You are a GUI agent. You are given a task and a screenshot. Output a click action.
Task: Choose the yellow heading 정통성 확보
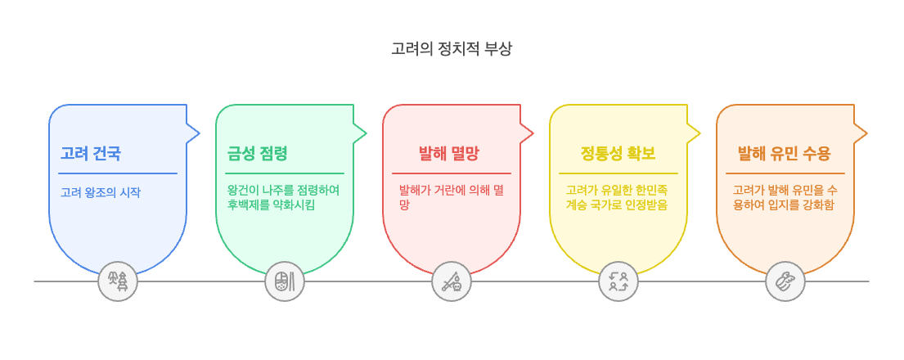618,153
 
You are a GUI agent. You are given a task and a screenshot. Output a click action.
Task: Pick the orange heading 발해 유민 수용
785,153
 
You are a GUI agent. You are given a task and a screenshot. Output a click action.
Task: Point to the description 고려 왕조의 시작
101,193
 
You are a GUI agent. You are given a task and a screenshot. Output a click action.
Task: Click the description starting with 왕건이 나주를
284,197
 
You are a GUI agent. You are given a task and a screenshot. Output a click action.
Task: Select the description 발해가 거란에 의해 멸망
451,197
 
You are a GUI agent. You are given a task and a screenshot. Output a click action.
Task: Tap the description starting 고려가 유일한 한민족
618,197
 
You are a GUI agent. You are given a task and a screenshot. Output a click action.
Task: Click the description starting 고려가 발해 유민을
785,197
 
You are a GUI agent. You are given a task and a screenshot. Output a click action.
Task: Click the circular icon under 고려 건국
118,281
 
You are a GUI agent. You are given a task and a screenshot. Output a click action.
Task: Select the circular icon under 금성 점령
285,281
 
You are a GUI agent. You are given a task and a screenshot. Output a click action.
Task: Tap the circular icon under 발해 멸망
452,281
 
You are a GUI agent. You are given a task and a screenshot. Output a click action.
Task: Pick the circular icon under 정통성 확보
618,281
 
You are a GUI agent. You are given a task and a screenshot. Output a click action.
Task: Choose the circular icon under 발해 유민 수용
785,281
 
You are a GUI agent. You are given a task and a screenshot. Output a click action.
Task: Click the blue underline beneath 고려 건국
118,173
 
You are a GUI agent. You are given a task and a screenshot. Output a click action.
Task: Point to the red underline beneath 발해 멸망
452,173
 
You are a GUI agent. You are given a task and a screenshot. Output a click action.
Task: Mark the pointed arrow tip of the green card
364,133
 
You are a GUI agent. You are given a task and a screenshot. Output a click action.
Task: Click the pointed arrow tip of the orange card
865,133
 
